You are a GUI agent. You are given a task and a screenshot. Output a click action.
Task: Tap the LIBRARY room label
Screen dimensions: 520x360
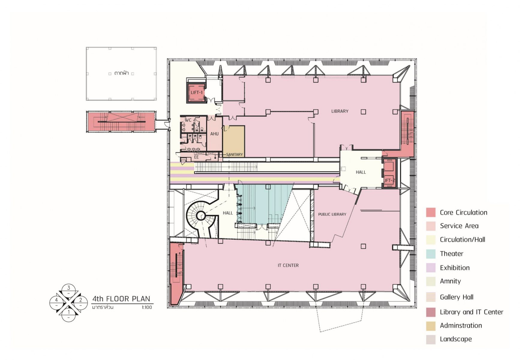click(340, 111)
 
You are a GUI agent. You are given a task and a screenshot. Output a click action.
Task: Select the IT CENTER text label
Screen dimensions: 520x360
click(288, 265)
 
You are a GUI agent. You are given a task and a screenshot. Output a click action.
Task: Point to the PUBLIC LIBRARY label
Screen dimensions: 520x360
click(332, 214)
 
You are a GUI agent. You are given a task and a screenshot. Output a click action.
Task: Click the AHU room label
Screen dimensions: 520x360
click(214, 134)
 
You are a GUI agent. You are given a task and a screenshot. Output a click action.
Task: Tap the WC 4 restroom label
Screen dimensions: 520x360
click(190, 120)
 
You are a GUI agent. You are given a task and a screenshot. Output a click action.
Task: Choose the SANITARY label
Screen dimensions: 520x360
click(234, 154)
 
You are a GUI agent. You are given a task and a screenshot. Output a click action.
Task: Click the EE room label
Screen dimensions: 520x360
click(196, 157)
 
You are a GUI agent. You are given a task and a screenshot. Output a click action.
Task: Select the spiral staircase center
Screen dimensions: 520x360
click(201, 215)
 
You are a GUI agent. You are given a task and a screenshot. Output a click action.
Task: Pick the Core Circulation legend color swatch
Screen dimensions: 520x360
click(431, 212)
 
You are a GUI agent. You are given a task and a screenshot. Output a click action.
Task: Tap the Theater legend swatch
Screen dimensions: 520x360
click(431, 254)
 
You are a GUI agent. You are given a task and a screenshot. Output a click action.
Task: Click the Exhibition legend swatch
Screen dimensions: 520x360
click(431, 268)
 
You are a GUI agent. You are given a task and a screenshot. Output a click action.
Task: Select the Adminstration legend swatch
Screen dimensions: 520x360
click(431, 326)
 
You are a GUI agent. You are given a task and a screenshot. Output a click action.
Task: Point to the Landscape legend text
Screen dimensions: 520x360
click(456, 339)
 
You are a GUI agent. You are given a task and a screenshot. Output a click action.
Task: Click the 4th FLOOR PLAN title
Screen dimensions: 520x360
click(121, 299)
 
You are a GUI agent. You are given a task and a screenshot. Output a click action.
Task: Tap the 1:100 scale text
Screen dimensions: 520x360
click(147, 307)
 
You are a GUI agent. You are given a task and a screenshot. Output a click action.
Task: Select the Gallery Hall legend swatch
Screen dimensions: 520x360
click(431, 297)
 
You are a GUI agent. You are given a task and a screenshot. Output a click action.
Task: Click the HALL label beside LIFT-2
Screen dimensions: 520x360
click(361, 172)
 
